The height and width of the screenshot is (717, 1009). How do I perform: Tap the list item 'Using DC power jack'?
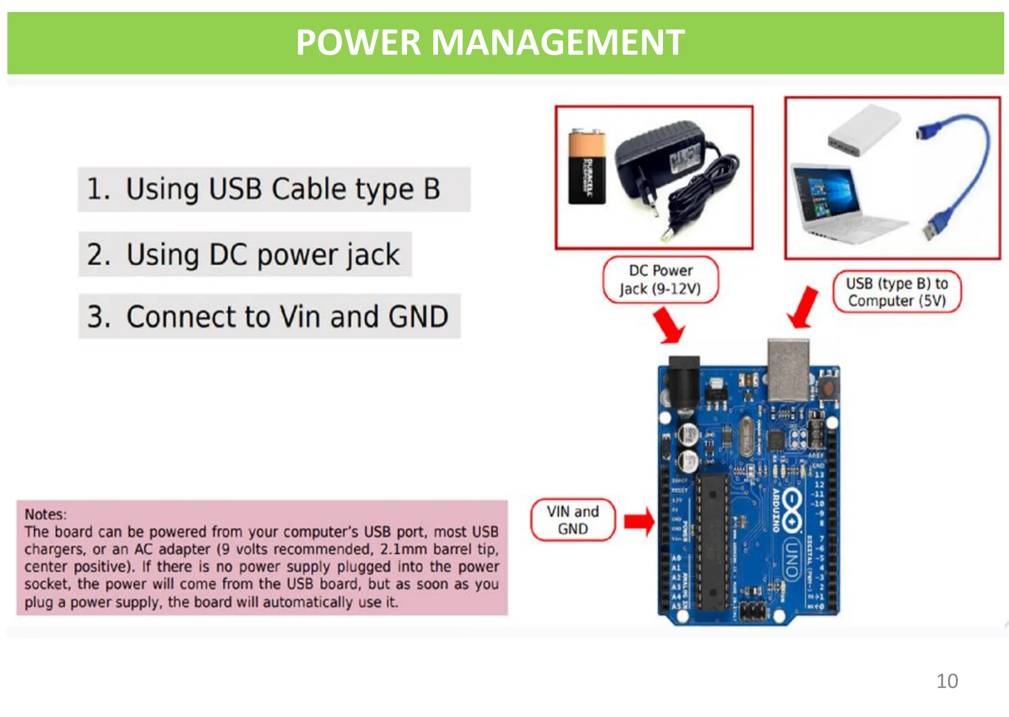[x=245, y=255]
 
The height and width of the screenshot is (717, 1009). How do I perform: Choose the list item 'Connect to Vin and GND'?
[x=269, y=317]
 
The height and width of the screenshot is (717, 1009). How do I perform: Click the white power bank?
[x=863, y=130]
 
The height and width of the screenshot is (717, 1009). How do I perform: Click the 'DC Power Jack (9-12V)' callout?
[x=661, y=280]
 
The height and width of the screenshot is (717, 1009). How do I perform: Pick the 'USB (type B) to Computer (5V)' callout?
[x=897, y=292]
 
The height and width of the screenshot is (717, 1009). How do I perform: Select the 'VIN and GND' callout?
[x=573, y=520]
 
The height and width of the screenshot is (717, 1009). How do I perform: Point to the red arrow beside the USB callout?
[x=803, y=308]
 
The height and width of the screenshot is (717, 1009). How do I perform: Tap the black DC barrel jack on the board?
[x=683, y=384]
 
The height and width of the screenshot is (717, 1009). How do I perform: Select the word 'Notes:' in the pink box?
[x=45, y=515]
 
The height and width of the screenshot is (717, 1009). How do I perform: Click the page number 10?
[x=947, y=681]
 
